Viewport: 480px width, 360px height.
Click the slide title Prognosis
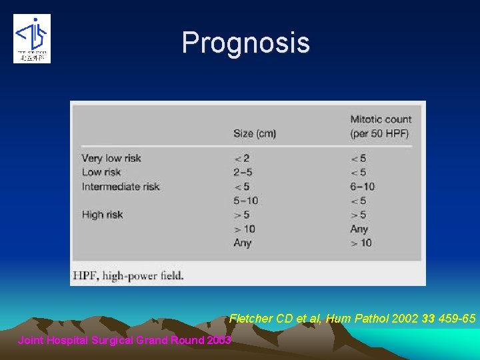click(x=245, y=43)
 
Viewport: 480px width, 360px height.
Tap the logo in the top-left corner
click(x=32, y=39)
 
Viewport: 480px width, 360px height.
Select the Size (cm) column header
click(x=254, y=133)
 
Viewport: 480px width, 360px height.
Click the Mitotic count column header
click(x=381, y=126)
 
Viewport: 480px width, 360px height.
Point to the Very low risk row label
click(x=111, y=158)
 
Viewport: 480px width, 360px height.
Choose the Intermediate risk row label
click(x=121, y=187)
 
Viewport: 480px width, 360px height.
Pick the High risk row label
click(x=102, y=215)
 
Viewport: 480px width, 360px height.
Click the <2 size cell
click(x=243, y=159)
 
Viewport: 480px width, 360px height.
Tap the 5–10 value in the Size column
click(x=246, y=201)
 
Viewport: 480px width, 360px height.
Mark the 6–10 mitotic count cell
click(x=362, y=187)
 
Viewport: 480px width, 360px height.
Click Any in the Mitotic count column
click(x=359, y=229)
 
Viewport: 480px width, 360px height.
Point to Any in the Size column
click(x=243, y=243)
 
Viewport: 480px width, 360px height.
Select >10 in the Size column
click(x=245, y=229)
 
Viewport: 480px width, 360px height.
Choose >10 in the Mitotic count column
click(x=361, y=243)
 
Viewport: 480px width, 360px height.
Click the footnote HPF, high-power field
click(x=127, y=275)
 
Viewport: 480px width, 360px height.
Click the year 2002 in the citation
click(x=405, y=319)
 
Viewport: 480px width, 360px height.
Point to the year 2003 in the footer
click(x=218, y=340)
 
